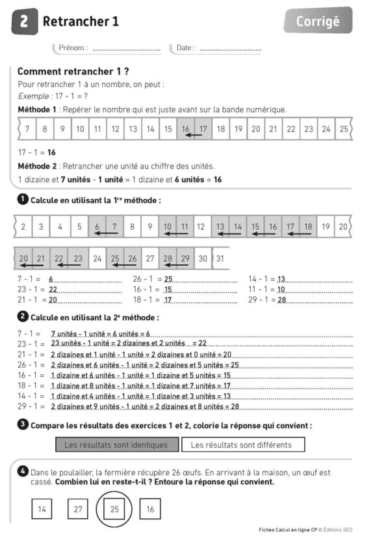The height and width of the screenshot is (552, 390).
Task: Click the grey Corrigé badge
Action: point(318,21)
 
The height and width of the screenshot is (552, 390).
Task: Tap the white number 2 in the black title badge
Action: point(24,21)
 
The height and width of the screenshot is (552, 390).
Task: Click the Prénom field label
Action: point(72,48)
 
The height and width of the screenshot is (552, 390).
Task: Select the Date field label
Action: point(185,48)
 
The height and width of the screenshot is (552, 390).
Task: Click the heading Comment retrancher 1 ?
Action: point(73,71)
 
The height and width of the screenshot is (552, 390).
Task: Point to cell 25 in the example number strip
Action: point(343,129)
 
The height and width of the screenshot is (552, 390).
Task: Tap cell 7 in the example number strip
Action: point(27,129)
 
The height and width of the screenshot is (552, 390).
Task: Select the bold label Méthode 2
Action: point(37,167)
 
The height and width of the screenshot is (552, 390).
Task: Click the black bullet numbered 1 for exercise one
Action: point(22,199)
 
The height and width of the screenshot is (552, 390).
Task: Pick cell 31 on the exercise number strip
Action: point(220,258)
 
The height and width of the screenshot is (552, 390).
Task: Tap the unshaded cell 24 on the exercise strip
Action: point(97,258)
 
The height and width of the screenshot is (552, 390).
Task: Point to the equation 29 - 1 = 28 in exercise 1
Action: point(268,299)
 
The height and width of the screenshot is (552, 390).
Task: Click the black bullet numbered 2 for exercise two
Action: point(22,317)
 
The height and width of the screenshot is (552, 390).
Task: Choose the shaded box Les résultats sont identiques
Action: point(116,445)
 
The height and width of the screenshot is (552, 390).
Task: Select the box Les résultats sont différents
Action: point(242,445)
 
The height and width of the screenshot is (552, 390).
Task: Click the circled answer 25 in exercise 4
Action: point(114,509)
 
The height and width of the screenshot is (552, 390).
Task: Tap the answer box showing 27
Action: point(78,509)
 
